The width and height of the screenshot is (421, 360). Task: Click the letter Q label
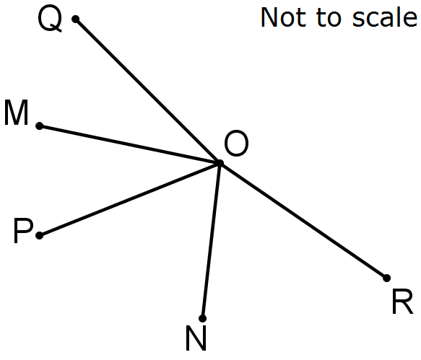point(51,19)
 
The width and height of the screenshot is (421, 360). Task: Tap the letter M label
point(16,113)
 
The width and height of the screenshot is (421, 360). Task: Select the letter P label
point(23,231)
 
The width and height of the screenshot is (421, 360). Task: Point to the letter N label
point(196,338)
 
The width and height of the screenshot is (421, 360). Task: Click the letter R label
point(402,302)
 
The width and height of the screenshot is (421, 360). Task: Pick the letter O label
point(236,144)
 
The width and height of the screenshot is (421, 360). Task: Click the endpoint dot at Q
point(76,19)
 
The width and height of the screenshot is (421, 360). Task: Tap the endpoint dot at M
point(40,126)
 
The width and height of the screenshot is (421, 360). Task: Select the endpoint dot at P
point(40,235)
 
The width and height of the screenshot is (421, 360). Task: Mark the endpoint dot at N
point(203,318)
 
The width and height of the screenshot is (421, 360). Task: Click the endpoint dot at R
point(386,278)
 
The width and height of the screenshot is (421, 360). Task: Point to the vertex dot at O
point(220,163)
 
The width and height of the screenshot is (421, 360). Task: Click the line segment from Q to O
point(148,91)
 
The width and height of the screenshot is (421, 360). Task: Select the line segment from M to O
point(130,144)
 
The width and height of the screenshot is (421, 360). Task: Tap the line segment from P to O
point(130,199)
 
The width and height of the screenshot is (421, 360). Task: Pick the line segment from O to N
point(212,241)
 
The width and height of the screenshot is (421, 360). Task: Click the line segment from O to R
point(303,221)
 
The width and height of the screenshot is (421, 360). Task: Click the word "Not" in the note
point(283,17)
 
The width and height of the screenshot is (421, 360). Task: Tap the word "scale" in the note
point(385,17)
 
